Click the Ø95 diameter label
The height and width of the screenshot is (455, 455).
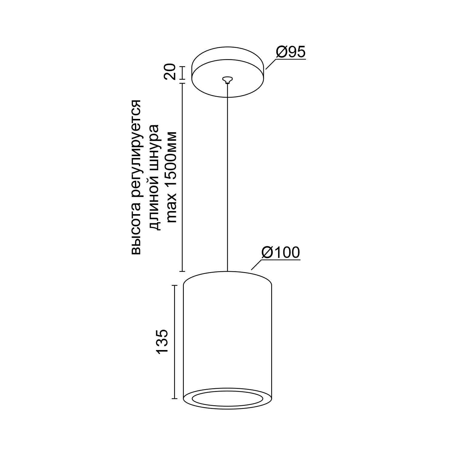291,52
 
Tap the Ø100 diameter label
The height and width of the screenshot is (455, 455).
281,252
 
